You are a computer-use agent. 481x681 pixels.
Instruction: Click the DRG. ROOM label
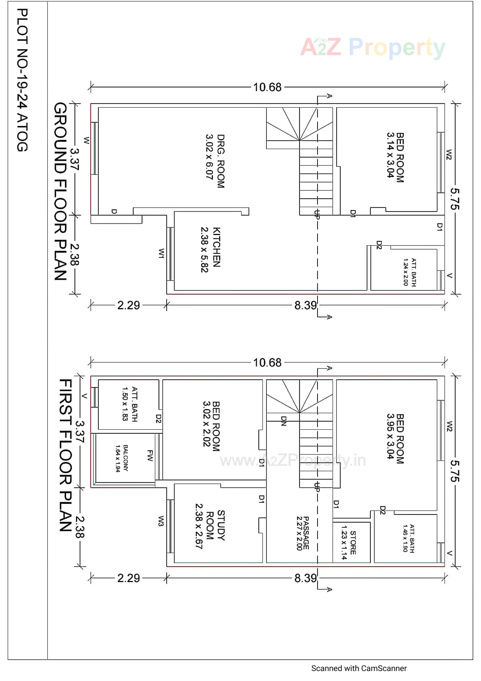pyautogui.click(x=215, y=161)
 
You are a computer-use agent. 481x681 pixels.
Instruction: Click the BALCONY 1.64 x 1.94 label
pyautogui.click(x=122, y=458)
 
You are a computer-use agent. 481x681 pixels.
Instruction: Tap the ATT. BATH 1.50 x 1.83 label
pyautogui.click(x=130, y=404)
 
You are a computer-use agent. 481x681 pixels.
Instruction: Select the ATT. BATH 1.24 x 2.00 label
pyautogui.click(x=410, y=272)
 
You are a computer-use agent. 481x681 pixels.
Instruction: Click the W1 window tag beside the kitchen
pyautogui.click(x=161, y=253)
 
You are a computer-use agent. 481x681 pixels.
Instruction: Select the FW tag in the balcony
pyautogui.click(x=150, y=455)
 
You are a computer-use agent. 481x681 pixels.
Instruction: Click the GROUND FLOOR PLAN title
pyautogui.click(x=61, y=192)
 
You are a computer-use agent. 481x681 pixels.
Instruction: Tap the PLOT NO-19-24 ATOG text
pyautogui.click(x=22, y=80)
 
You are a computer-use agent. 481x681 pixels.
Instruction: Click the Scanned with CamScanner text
pyautogui.click(x=358, y=668)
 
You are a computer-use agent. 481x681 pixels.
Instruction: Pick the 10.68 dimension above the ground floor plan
pyautogui.click(x=267, y=87)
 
